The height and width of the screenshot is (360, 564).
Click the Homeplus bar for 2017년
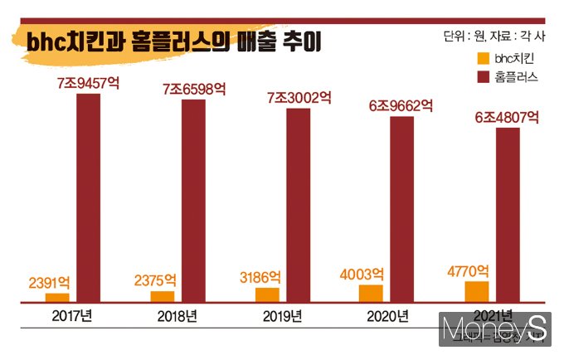(88, 198)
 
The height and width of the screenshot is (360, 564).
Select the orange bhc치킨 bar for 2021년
(477, 293)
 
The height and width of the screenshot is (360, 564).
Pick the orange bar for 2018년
(163, 297)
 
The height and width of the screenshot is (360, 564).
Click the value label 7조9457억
(88, 84)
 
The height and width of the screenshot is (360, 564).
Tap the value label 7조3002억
(299, 98)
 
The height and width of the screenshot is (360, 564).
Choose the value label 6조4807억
(507, 117)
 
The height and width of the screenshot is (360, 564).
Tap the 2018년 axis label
(177, 316)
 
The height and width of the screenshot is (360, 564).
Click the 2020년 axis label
(387, 316)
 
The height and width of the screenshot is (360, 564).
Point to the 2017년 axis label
(72, 316)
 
